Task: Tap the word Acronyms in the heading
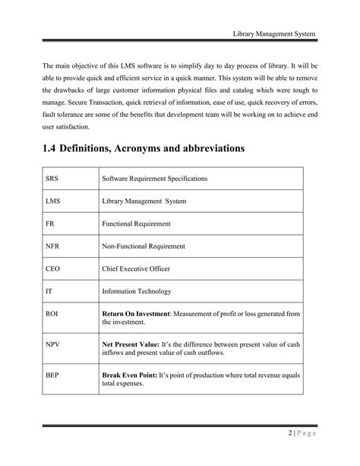coord(149,150)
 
